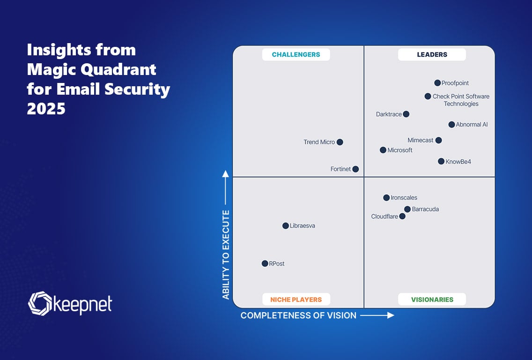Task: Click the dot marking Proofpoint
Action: (437, 83)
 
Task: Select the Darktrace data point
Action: (406, 114)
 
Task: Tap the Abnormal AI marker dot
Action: (451, 125)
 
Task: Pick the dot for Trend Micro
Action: (340, 142)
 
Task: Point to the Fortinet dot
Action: (355, 169)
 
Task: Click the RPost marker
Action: (265, 263)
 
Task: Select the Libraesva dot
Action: (286, 226)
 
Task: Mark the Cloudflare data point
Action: (402, 217)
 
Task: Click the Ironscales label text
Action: (404, 198)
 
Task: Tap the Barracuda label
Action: (425, 209)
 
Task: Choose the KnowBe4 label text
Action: (458, 162)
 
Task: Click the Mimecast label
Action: (421, 140)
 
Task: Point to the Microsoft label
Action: (400, 150)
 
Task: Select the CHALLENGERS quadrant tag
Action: (296, 54)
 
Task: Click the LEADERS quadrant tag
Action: (432, 54)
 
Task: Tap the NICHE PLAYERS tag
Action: (296, 300)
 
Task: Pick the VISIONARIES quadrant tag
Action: (432, 300)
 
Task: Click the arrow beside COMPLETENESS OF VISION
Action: (377, 315)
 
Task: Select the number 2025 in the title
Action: (46, 108)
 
